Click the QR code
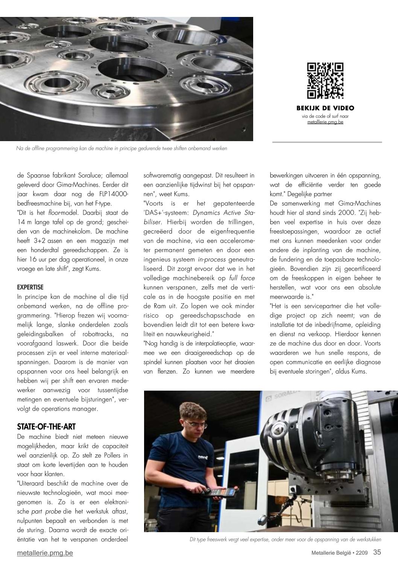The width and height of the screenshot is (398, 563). (x=325, y=81)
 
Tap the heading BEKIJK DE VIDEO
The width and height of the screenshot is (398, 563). (x=325, y=108)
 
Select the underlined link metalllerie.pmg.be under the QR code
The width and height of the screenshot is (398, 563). (x=325, y=122)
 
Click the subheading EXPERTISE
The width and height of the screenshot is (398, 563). (x=30, y=287)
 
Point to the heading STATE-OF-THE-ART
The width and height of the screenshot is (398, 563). (x=46, y=426)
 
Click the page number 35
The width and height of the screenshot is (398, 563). (x=377, y=552)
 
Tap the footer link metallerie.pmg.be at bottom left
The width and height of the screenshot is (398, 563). (x=45, y=553)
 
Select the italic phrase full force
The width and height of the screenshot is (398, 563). (x=242, y=278)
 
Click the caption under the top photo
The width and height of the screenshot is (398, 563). (x=122, y=149)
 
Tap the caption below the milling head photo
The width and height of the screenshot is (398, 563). (x=286, y=540)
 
